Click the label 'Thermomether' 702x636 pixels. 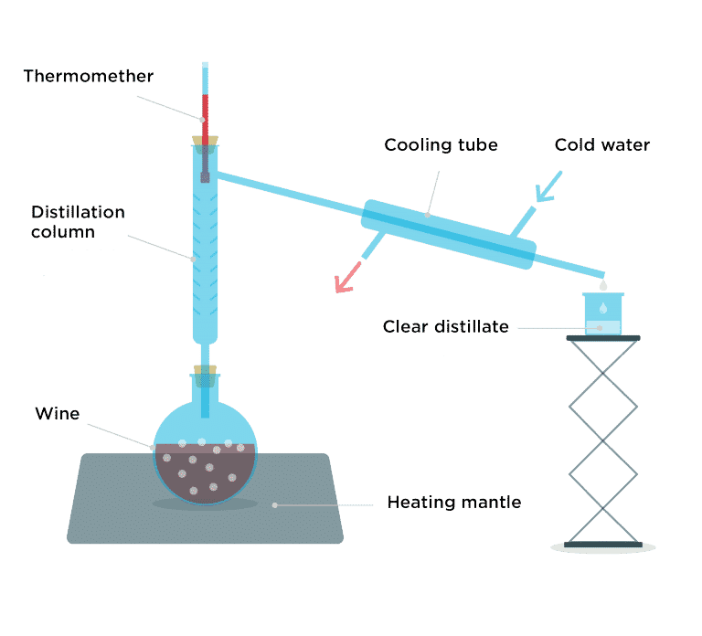click(x=88, y=77)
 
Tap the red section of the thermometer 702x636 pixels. click(x=206, y=114)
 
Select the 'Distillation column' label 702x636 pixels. click(x=77, y=222)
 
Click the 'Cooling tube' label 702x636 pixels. click(x=441, y=145)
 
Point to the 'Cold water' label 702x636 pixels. click(x=602, y=145)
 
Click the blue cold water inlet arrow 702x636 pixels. click(x=548, y=185)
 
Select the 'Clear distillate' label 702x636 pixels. click(x=445, y=326)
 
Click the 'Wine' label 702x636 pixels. click(x=57, y=413)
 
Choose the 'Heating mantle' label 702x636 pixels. click(x=453, y=502)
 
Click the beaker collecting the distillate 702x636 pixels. click(x=602, y=313)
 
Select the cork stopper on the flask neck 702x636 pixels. click(x=206, y=373)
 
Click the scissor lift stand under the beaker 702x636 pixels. click(x=602, y=439)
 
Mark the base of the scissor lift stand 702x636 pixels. click(x=602, y=546)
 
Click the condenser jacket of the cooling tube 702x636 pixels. click(x=448, y=234)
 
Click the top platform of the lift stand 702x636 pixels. click(x=602, y=338)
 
